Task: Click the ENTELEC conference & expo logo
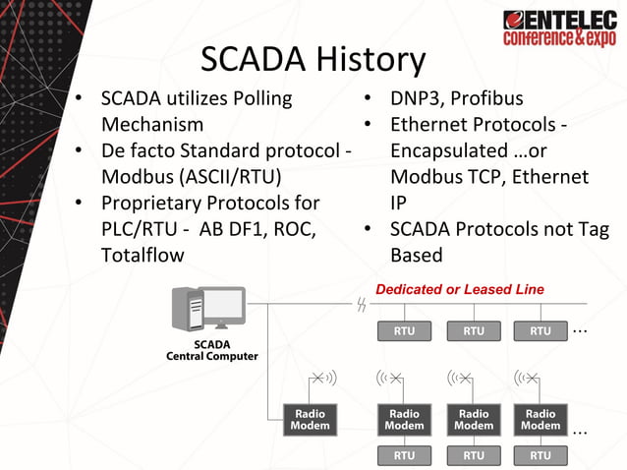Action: [559, 28]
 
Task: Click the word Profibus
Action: [487, 99]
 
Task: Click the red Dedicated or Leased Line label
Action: [459, 289]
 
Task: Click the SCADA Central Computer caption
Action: [211, 350]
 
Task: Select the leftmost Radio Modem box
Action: [310, 420]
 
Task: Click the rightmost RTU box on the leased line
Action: [541, 330]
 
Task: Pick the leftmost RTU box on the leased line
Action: [404, 330]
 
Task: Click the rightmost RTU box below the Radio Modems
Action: [541, 455]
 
